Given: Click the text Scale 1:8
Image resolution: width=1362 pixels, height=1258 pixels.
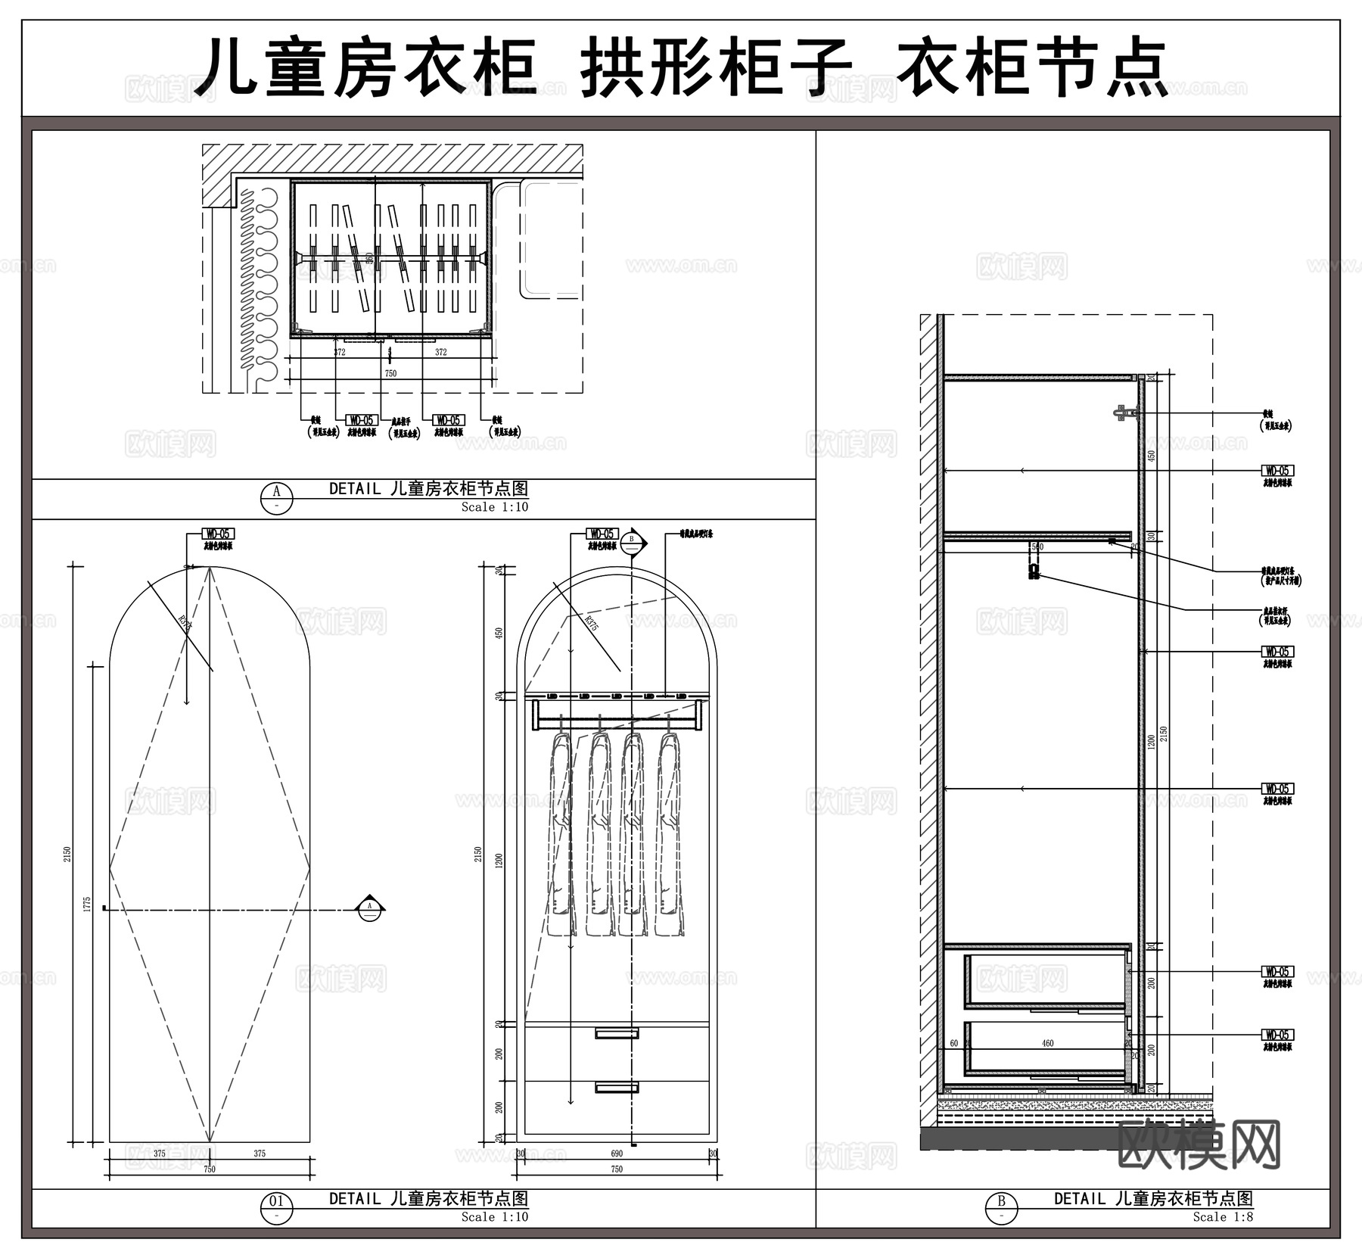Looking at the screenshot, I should (1223, 1217).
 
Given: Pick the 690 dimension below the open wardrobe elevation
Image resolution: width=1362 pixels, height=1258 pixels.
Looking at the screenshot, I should (617, 1154).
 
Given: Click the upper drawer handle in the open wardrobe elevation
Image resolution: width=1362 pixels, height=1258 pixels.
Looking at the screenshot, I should (617, 1033).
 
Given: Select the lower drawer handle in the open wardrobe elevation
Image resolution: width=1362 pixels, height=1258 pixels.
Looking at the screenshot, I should (617, 1088).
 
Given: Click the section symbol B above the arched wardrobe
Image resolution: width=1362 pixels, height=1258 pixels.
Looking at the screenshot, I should (632, 541).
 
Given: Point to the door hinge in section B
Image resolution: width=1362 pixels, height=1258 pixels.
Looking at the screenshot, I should (1125, 413).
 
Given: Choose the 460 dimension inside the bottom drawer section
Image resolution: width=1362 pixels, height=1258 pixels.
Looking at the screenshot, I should (1047, 1043).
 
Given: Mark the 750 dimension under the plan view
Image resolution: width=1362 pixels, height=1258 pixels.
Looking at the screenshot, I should (390, 373).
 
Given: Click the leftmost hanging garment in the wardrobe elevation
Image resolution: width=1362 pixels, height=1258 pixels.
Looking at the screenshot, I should (561, 833).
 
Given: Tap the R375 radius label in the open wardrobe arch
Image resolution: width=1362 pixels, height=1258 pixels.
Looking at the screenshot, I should (592, 623).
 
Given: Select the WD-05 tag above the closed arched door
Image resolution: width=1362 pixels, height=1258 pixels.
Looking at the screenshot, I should (218, 534).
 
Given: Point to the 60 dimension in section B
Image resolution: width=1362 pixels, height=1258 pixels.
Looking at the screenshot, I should (953, 1043).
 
